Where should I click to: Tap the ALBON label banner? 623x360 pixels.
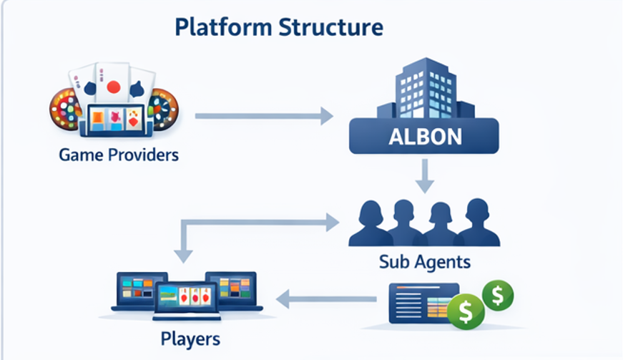[x=424, y=137]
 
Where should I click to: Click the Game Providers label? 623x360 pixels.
[x=119, y=154]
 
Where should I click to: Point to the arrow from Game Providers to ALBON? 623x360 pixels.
[x=264, y=115]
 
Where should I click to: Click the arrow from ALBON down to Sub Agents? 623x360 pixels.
[x=425, y=176]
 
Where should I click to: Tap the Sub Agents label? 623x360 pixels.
[x=425, y=262]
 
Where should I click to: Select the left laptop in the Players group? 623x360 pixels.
[x=140, y=291]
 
